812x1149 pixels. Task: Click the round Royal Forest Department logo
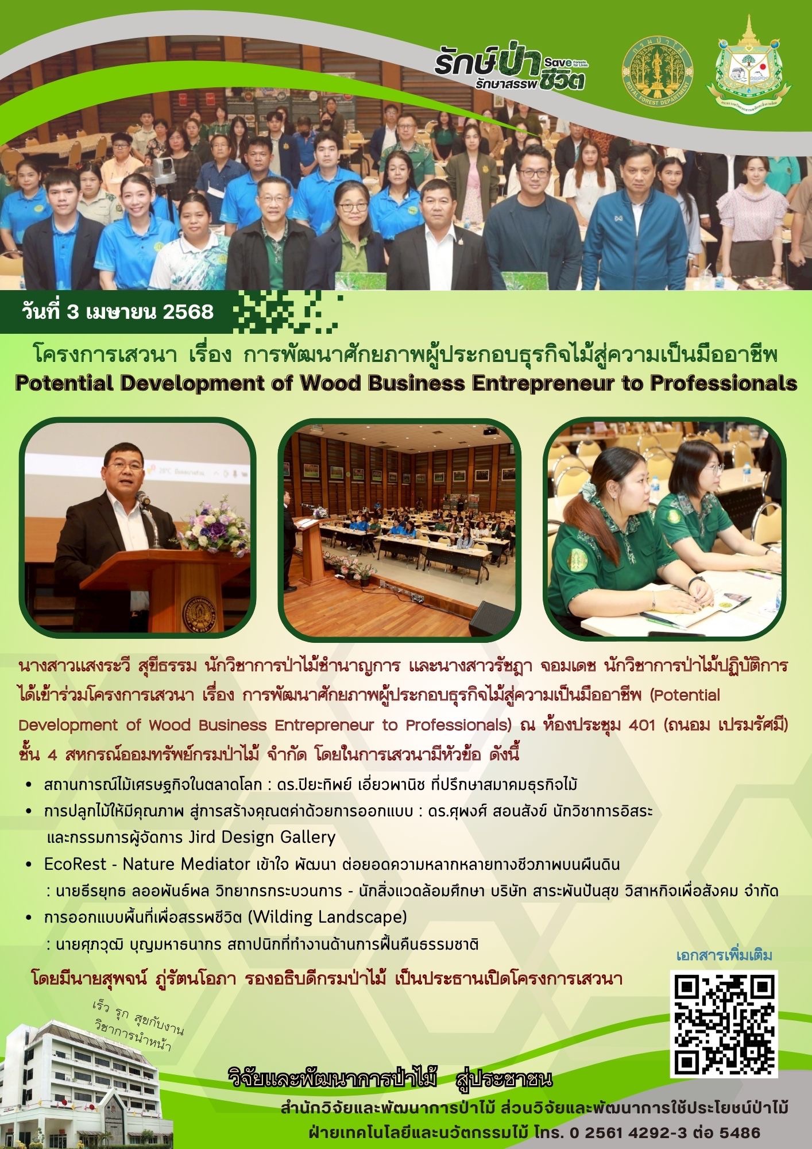click(x=658, y=70)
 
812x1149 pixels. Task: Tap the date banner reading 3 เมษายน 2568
click(x=117, y=311)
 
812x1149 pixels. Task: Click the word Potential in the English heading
click(x=65, y=383)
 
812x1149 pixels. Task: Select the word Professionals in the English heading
click(x=723, y=383)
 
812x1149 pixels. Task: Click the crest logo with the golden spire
click(x=748, y=64)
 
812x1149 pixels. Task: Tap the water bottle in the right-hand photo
click(x=746, y=472)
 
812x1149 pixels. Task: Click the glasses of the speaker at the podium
click(x=125, y=466)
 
